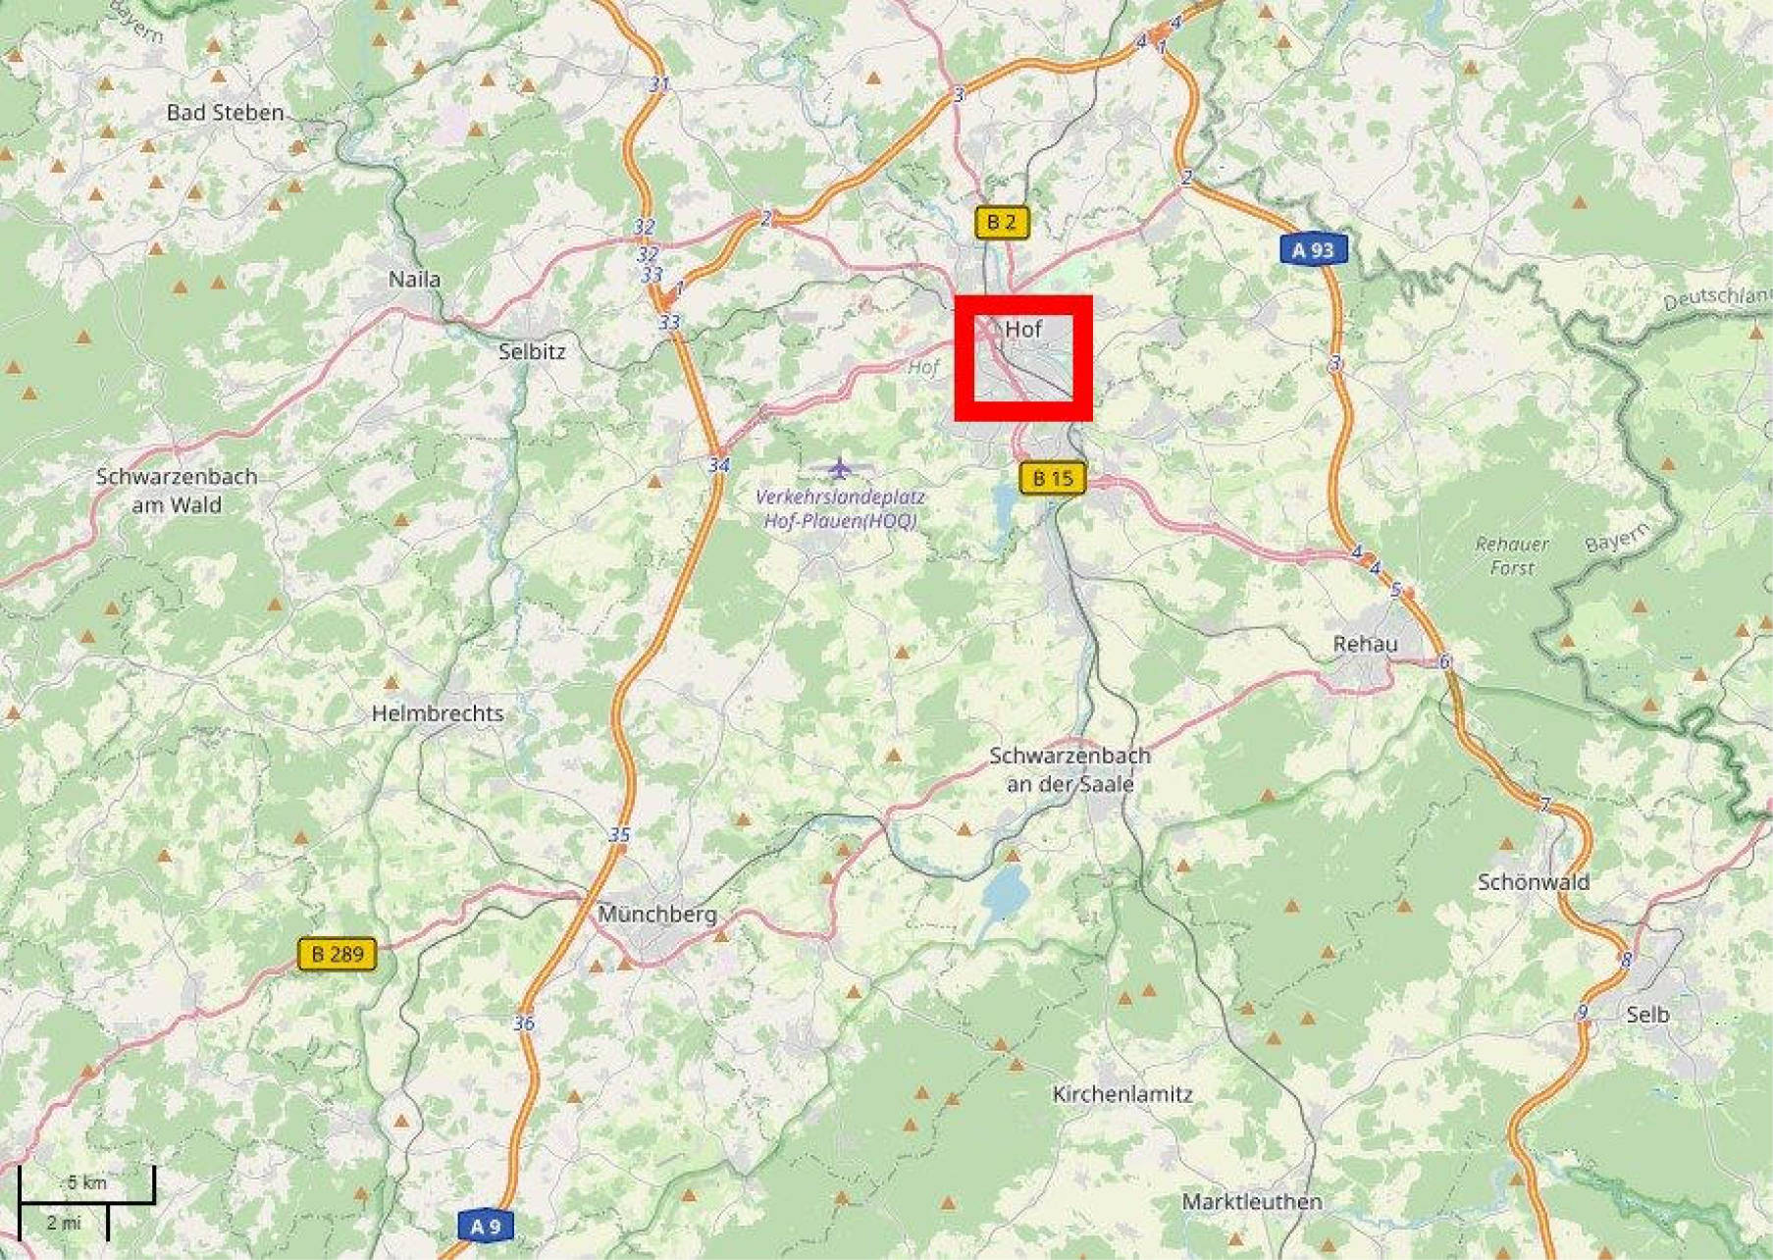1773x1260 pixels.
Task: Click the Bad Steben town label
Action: tap(225, 113)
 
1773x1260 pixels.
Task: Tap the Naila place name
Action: tap(414, 280)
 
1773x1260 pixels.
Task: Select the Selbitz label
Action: tap(532, 351)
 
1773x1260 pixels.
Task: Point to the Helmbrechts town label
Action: tap(438, 713)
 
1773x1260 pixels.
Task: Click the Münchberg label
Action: tap(657, 915)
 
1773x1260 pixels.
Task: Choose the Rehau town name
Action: tap(1365, 645)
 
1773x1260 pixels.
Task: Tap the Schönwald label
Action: tap(1533, 882)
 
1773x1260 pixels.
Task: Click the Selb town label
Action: tap(1646, 1015)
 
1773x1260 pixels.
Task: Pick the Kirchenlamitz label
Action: tap(1122, 1094)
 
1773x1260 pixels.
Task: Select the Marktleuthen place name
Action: tap(1252, 1201)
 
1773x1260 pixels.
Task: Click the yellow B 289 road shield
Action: tap(337, 954)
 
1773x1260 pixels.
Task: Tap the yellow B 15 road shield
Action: tap(1053, 479)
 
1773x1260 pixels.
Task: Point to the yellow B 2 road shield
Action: tap(1001, 223)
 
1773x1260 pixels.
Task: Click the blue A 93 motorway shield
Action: tap(1313, 250)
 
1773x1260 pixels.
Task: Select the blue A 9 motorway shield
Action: tap(485, 1226)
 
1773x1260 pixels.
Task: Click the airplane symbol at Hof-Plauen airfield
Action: tap(839, 467)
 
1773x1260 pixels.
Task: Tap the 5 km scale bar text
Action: tap(86, 1182)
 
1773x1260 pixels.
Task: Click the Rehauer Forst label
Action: tap(1511, 555)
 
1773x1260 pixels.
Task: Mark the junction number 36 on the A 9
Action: tap(524, 1024)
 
